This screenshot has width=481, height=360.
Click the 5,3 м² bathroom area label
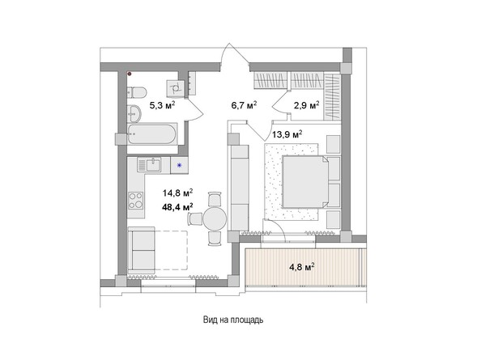[152, 104]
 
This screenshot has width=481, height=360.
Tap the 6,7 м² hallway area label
[243, 104]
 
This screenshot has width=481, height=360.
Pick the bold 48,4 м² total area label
[177, 207]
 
